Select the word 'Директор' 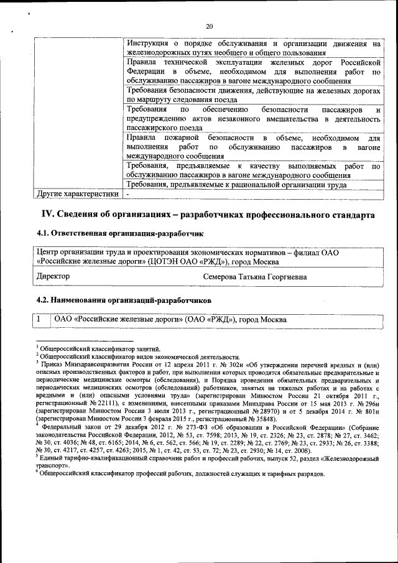point(53,276)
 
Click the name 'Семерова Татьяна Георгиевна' point(254,276)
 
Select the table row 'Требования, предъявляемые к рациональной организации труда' point(236,184)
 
